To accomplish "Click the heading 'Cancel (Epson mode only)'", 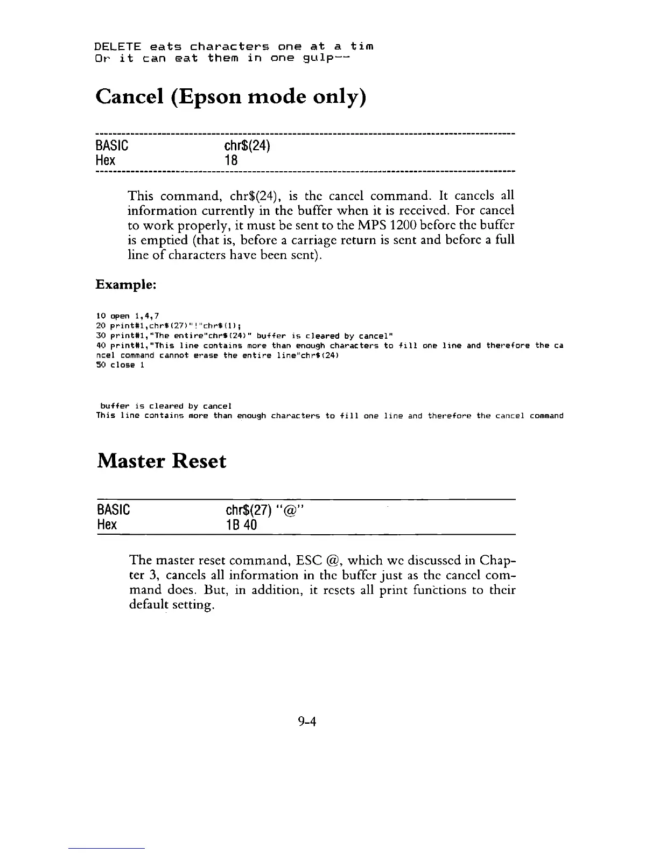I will [x=231, y=97].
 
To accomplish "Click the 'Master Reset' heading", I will [x=162, y=462].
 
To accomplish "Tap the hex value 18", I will [x=231, y=160].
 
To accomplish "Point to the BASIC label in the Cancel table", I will [x=111, y=146].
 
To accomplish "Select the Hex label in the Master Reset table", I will [x=107, y=525].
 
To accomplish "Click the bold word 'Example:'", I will [x=126, y=284].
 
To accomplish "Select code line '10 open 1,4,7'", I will [x=127, y=316].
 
